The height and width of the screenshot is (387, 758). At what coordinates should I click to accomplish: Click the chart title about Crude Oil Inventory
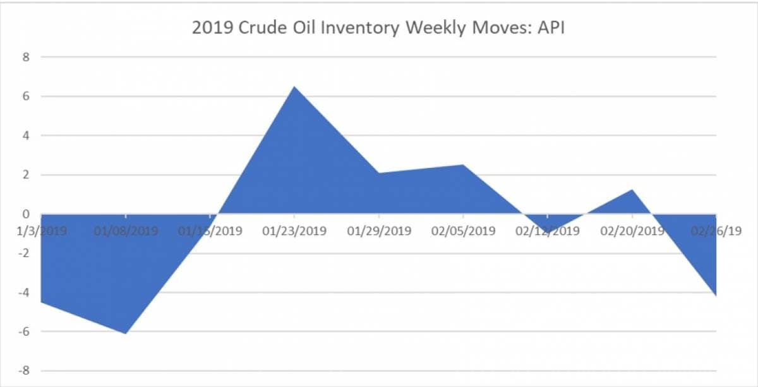(378, 28)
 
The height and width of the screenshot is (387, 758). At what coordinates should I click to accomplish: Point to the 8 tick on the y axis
(26, 57)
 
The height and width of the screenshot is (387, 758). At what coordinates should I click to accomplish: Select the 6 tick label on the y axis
(26, 97)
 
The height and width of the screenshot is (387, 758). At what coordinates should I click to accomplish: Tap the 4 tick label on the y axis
(26, 136)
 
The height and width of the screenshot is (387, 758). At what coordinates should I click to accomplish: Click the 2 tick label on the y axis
(26, 175)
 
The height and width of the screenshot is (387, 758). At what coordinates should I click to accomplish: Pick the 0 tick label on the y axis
(26, 214)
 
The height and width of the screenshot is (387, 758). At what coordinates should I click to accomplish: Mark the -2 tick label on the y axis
(24, 253)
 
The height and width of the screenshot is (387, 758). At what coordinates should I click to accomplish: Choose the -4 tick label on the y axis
(24, 292)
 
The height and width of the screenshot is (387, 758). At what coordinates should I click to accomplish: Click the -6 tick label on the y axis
(24, 331)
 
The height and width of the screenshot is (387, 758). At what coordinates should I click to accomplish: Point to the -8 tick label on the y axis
(24, 371)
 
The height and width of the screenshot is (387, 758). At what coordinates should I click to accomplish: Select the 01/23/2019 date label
(294, 230)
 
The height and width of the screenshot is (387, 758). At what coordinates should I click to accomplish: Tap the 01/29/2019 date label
(379, 230)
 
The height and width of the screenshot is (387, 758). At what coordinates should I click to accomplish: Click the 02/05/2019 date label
(464, 230)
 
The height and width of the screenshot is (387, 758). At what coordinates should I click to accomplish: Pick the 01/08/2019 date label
(126, 230)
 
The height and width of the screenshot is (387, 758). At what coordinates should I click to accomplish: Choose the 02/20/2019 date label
(632, 230)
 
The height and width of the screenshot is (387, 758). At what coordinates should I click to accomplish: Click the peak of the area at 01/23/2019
(294, 87)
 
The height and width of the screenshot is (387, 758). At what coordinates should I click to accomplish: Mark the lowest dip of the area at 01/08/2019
(126, 333)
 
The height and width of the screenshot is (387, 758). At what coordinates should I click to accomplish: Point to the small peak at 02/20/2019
(632, 190)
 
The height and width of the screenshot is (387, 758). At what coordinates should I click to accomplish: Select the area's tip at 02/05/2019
(463, 165)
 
